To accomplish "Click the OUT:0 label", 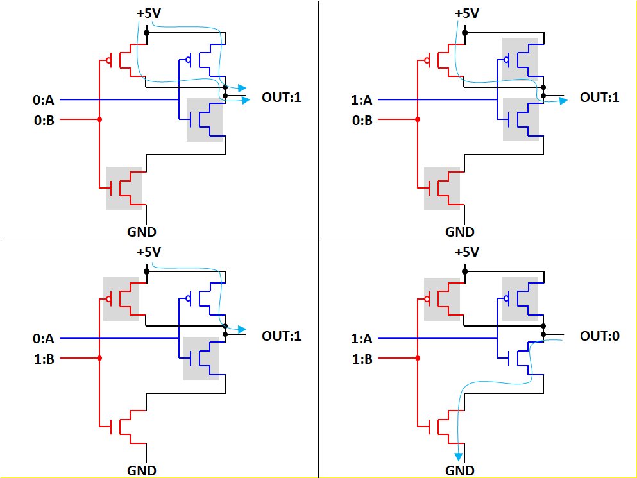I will [599, 336].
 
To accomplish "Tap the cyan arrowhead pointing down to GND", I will [459, 456].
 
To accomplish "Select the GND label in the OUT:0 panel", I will [460, 470].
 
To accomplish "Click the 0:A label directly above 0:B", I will [44, 99].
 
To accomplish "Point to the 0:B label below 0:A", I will [44, 120].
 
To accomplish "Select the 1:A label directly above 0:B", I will [362, 99].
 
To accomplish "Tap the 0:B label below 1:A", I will [362, 120].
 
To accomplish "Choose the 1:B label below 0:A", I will [44, 359].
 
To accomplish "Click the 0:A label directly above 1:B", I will [44, 338].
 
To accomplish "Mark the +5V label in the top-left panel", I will [149, 13].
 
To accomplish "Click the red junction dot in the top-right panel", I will [418, 120].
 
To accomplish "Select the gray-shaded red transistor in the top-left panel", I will [124, 188].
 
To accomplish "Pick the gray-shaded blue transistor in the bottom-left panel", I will [201, 358].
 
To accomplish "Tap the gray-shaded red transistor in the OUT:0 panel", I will [442, 299].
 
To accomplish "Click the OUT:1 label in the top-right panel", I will [599, 98].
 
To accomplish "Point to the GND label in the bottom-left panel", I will [142, 470].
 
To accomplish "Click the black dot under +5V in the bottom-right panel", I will [465, 271].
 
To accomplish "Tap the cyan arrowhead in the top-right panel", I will [563, 100].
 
